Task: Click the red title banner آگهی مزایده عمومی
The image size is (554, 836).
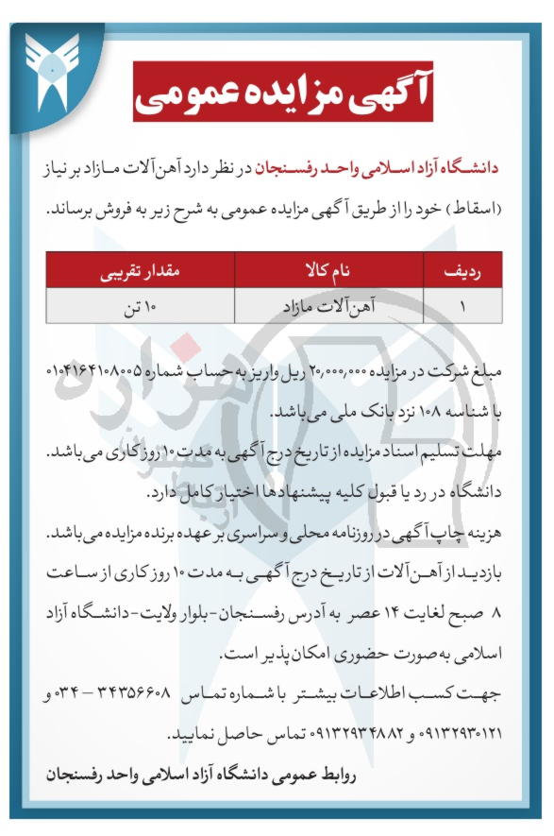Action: pos(282,92)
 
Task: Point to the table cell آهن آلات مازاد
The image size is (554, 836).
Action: pos(328,308)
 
